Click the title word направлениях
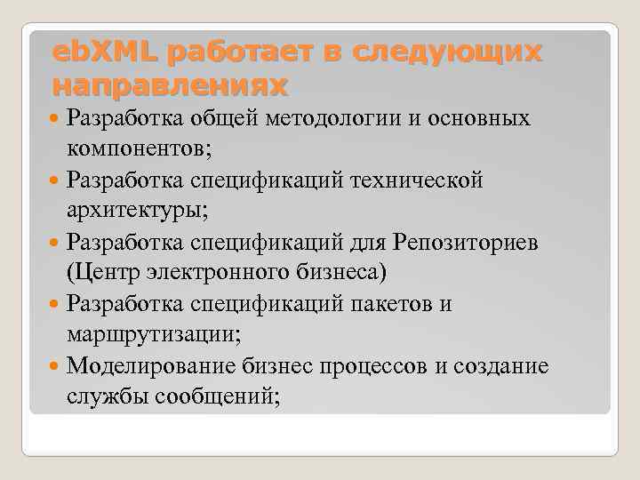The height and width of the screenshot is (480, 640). click(x=171, y=86)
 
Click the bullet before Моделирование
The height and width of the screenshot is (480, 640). click(x=56, y=366)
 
